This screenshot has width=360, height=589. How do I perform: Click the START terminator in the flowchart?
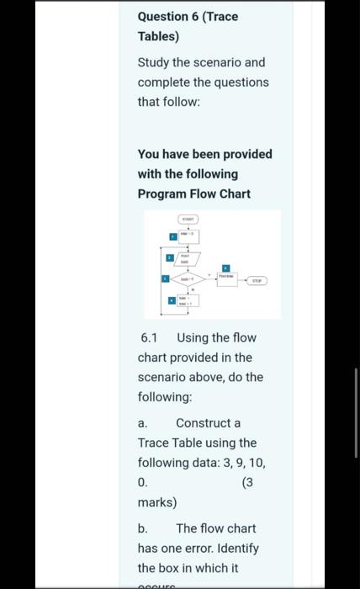tap(189, 218)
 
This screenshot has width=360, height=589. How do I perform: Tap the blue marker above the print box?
tap(225, 267)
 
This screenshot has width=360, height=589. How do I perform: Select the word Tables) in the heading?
tap(158, 36)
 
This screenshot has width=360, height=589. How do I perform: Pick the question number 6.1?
tap(150, 337)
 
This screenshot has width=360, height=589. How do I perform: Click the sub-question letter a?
tap(143, 422)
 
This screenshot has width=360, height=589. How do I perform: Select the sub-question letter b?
tap(143, 528)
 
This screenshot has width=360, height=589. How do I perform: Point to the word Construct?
tap(208, 422)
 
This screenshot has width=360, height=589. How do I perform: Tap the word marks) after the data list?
tap(157, 502)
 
